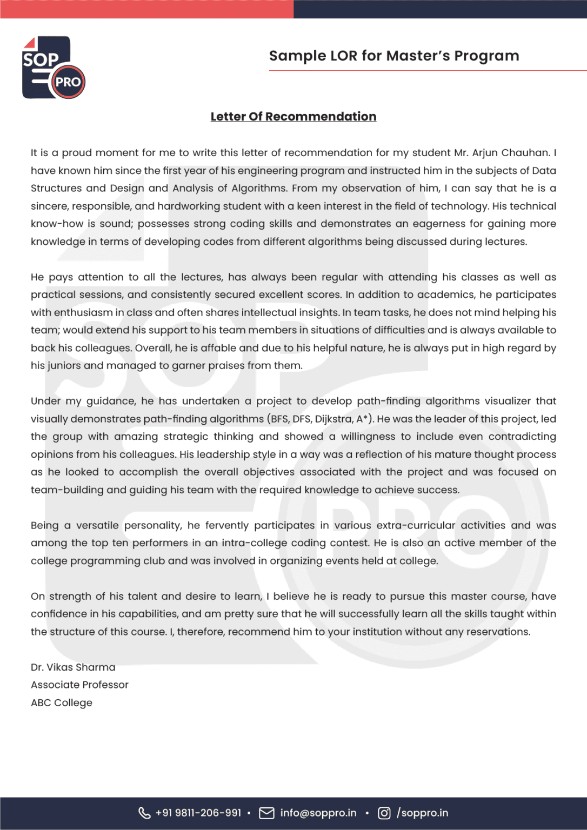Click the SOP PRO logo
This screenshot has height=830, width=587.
coord(53,68)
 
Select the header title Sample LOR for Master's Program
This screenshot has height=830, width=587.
coord(393,56)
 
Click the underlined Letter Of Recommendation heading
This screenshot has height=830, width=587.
coord(293,117)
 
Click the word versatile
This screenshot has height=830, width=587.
coord(97,526)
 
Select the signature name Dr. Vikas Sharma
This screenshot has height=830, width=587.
coord(73,667)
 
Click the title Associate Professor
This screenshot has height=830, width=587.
coord(79,685)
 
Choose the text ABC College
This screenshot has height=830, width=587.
coord(62,703)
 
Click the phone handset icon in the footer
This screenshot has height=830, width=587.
coord(144,813)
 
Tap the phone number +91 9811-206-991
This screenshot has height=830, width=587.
coord(198,813)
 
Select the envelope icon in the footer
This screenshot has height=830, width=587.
coord(266,813)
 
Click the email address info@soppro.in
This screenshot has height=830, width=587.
coord(318,813)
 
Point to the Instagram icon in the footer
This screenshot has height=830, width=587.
coord(384,813)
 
